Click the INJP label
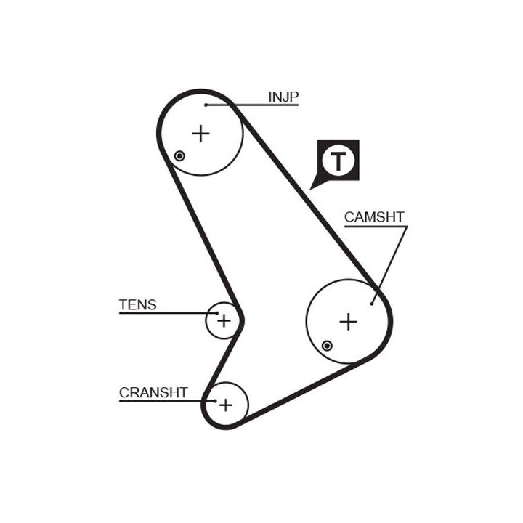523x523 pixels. (283, 97)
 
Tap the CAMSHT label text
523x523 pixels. (373, 216)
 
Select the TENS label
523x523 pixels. (137, 305)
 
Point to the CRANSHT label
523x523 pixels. (153, 393)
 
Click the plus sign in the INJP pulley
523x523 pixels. (200, 133)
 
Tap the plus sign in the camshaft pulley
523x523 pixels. (349, 321)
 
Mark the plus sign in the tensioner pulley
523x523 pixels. (224, 320)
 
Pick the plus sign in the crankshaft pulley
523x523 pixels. (226, 404)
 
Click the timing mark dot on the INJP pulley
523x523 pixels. (179, 156)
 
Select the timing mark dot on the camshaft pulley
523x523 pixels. (328, 346)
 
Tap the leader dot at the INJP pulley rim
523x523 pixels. (206, 105)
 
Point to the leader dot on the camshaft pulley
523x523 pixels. (372, 303)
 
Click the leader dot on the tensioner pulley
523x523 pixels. (216, 313)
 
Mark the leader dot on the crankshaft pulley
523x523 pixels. (215, 400)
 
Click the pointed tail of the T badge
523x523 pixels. (313, 187)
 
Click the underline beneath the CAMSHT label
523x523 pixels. (375, 226)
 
